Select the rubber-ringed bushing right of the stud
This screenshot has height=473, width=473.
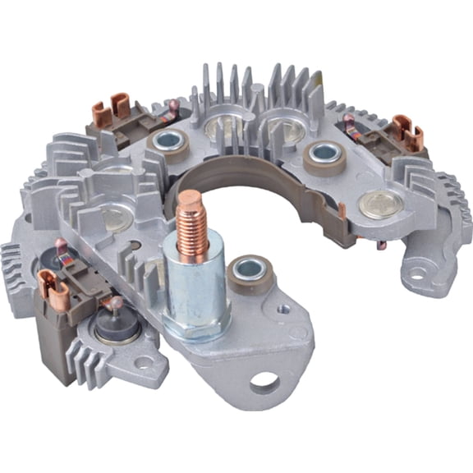[249, 272]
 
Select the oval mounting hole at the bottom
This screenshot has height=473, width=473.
[265, 382]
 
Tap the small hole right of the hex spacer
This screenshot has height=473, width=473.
[283, 310]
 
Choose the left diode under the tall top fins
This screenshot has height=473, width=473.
[221, 125]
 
